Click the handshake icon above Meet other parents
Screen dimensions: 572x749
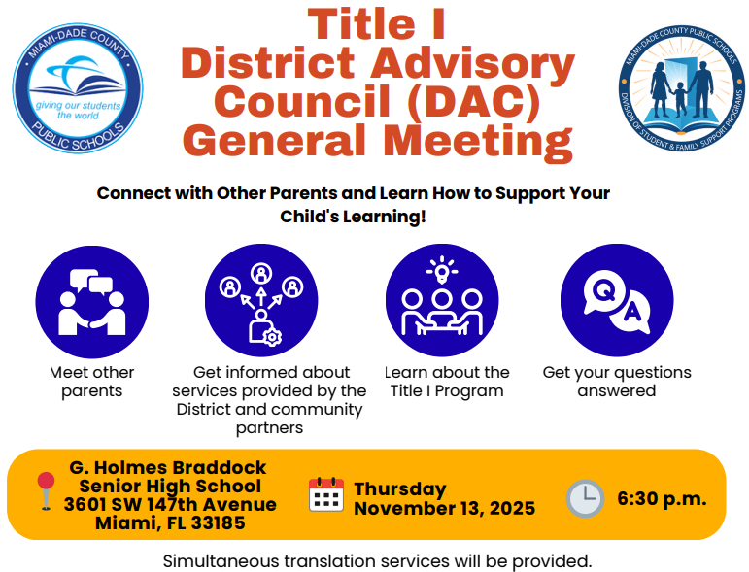pos(91,300)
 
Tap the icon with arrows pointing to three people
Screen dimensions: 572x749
pos(261,300)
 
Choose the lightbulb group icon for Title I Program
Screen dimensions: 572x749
pos(442,300)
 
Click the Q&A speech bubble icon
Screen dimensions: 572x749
pos(617,300)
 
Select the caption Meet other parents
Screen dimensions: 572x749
pos(92,382)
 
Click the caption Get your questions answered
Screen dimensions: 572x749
pos(617,382)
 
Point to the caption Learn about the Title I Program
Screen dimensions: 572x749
pos(447,382)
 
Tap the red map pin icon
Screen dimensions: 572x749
pos(45,489)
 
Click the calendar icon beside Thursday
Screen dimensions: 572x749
pos(326,494)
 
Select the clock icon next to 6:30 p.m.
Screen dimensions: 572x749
pos(585,498)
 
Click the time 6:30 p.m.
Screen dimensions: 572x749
pos(662,499)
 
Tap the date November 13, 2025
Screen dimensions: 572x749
pos(444,509)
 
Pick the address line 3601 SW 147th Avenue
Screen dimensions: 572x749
pos(170,504)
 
